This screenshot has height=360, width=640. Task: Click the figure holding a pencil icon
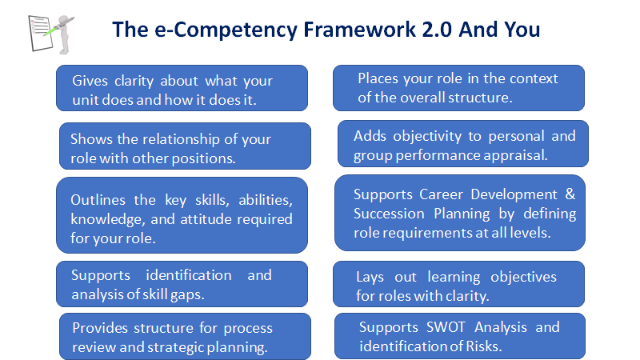[51, 34]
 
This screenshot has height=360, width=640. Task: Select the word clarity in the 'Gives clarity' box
[134, 82]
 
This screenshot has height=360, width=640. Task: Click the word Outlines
[98, 199]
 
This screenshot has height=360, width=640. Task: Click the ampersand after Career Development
[570, 194]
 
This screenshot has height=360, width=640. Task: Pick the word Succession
[389, 214]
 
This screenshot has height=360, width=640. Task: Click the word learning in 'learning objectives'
[454, 277]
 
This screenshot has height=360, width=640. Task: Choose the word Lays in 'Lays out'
[370, 278]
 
